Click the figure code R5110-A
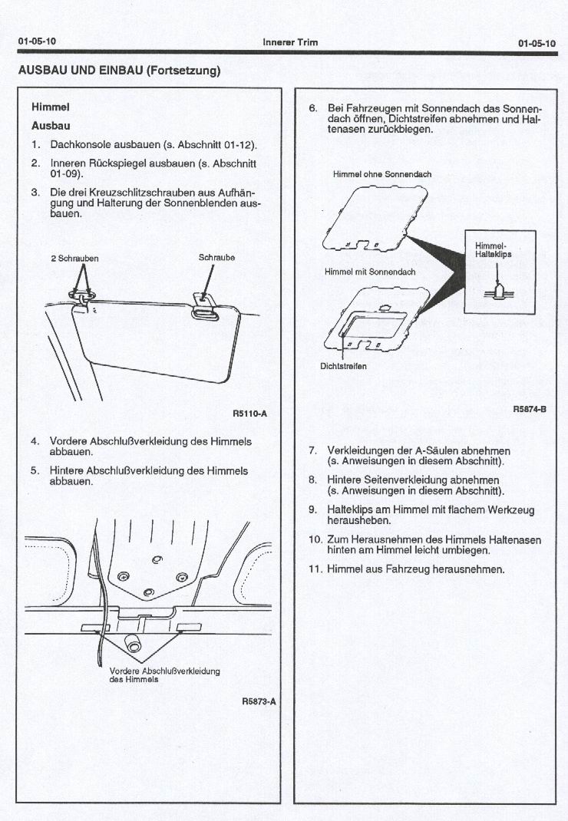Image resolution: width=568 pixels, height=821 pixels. (249, 414)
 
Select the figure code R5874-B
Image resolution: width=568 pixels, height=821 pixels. (529, 409)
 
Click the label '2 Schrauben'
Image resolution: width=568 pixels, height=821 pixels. (74, 259)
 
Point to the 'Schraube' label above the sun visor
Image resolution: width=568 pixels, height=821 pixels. (216, 258)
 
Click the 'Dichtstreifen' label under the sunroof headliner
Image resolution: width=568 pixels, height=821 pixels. (343, 366)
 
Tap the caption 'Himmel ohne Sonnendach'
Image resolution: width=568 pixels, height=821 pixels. (382, 174)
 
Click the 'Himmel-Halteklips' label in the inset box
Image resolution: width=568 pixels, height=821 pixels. (488, 250)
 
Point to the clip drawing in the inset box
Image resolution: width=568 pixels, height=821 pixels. (497, 290)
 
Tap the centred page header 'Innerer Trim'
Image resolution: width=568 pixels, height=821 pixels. (290, 42)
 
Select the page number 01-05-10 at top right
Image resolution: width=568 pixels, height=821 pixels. (537, 43)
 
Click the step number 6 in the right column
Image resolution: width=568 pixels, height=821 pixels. (312, 108)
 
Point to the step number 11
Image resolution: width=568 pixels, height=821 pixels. (315, 569)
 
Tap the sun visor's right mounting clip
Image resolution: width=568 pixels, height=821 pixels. (204, 304)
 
